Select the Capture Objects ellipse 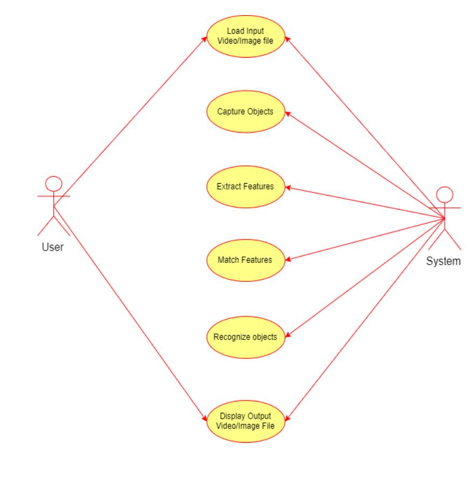click(246, 112)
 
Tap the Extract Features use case click(246, 186)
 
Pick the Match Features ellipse click(246, 260)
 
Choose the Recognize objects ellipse click(246, 337)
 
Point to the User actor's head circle click(53, 183)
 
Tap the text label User click(53, 248)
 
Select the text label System click(443, 261)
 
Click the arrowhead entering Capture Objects click(288, 113)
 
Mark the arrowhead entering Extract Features click(288, 188)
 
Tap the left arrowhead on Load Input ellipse click(205, 39)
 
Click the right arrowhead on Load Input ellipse click(286, 39)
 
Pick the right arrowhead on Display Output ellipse click(286, 418)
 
